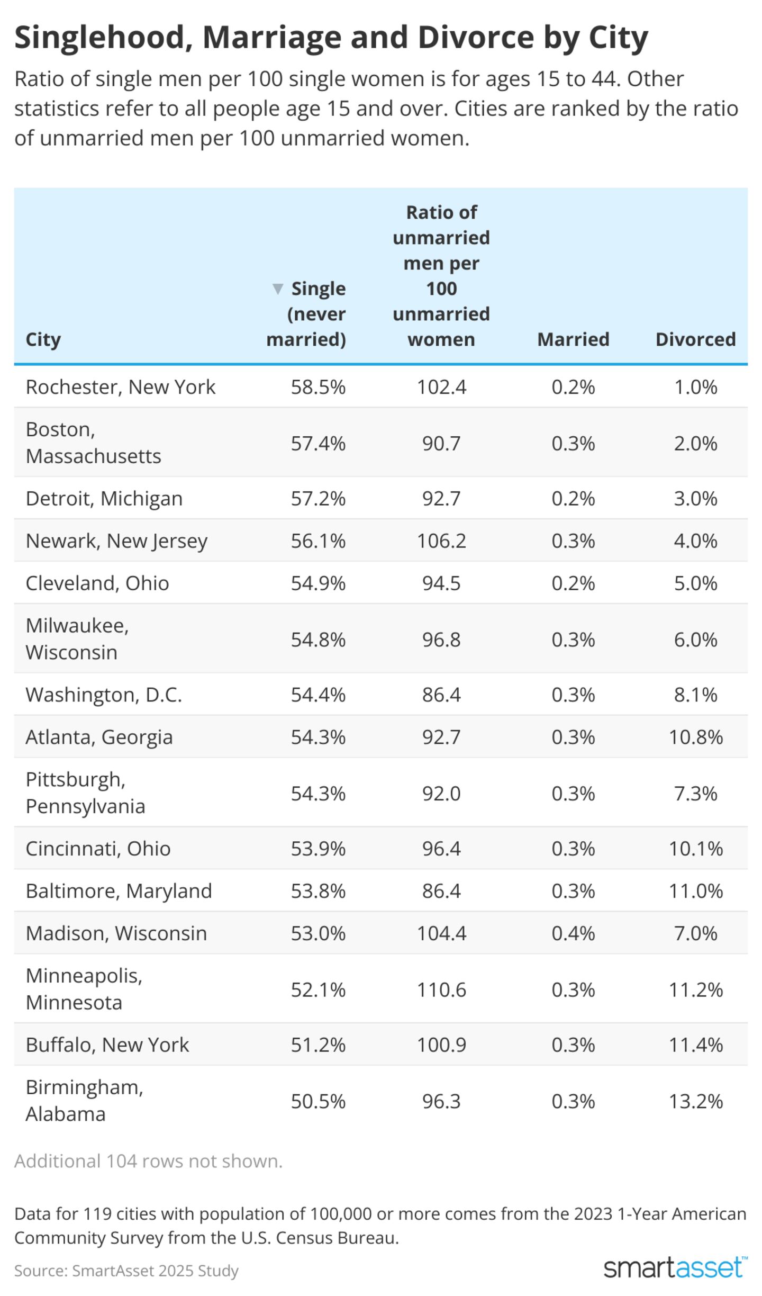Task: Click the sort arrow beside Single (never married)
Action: pos(277,289)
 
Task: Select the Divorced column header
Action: pos(695,339)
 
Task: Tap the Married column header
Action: pos(573,339)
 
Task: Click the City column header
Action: pos(43,339)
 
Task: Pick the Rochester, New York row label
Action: pos(121,386)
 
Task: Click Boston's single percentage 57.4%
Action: pos(318,443)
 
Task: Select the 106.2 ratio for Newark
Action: pos(441,541)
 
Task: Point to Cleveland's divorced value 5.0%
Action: pos(695,583)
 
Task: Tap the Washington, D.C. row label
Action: pos(104,694)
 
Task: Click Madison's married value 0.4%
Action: pos(573,933)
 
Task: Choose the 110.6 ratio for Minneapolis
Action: pos(441,989)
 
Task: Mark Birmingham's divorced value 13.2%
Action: pos(695,1101)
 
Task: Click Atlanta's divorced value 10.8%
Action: pos(695,736)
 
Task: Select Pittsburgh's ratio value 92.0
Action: pos(441,793)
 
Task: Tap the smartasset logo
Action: pos(675,1268)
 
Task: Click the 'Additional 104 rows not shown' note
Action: pos(149,1160)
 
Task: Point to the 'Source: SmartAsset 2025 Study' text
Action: pos(126,1270)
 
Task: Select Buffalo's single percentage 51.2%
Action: pos(318,1045)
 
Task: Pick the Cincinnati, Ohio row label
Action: pos(98,848)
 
